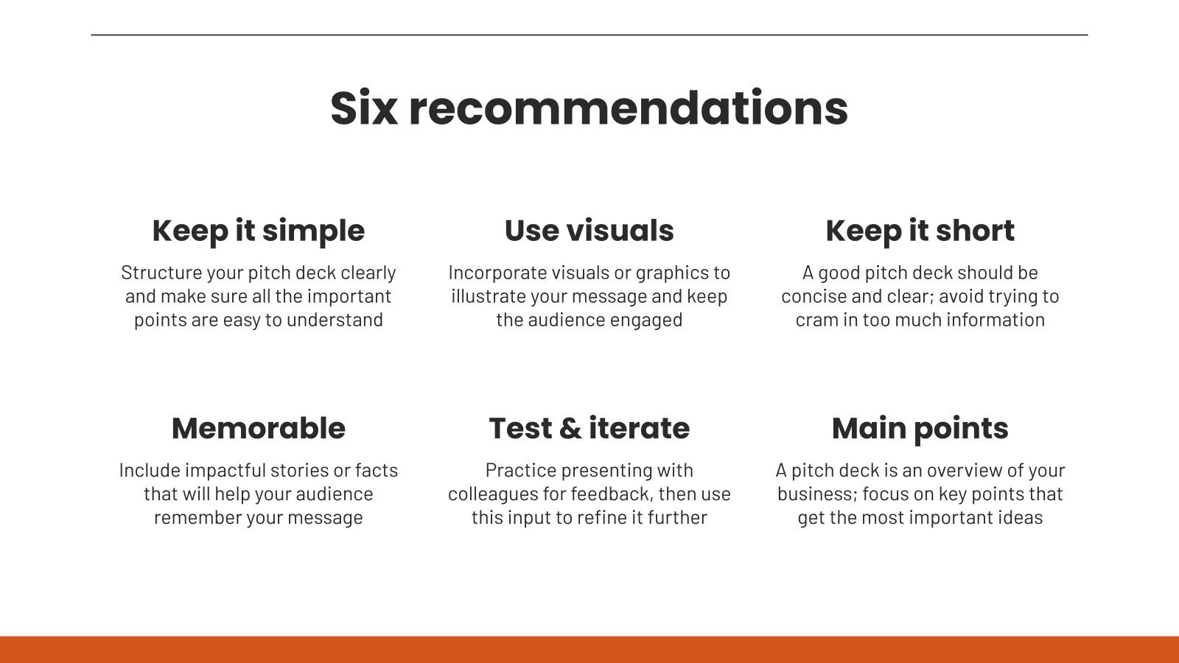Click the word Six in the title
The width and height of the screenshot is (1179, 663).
coord(364,108)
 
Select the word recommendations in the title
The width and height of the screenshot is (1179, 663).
coord(629,108)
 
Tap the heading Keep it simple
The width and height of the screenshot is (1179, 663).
coord(259,231)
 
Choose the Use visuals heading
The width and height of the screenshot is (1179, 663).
coord(589,231)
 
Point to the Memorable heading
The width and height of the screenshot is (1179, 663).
coord(259,428)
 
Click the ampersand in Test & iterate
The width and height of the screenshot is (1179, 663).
coord(570,428)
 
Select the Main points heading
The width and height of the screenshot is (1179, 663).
coord(920,429)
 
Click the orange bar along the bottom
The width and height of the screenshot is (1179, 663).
coord(589,649)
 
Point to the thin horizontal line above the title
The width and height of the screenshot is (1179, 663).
coord(589,35)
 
